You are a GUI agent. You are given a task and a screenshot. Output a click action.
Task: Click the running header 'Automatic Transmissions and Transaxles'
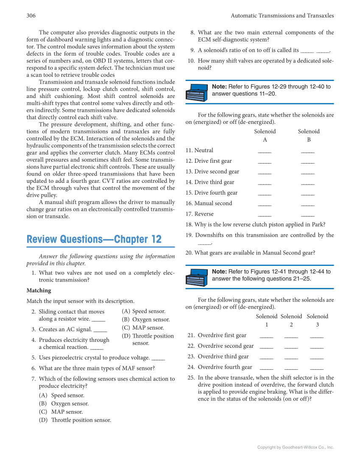282,16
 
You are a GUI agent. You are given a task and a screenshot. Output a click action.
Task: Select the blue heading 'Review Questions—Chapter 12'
94,239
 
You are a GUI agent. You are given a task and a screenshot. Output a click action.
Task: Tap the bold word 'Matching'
39,291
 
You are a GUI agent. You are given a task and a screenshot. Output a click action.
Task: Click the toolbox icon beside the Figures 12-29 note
196,92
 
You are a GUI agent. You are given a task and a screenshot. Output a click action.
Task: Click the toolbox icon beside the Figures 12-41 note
196,277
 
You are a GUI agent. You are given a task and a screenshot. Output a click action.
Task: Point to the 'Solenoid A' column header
265,135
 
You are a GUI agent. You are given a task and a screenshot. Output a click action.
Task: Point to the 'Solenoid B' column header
309,135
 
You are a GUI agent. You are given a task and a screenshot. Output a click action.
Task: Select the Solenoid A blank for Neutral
265,151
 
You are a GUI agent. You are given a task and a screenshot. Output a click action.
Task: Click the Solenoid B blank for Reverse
308,215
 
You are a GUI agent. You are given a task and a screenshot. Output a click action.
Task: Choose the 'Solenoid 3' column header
318,320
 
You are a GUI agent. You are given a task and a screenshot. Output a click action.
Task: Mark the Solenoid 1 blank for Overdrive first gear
266,336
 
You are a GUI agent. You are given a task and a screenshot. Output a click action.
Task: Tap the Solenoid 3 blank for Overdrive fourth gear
317,368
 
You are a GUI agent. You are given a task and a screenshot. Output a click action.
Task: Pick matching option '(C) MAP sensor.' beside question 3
143,327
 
